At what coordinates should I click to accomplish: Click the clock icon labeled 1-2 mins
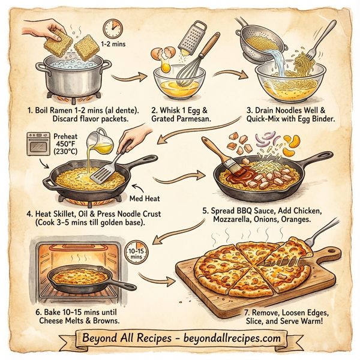pyautogui.click(x=112, y=28)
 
